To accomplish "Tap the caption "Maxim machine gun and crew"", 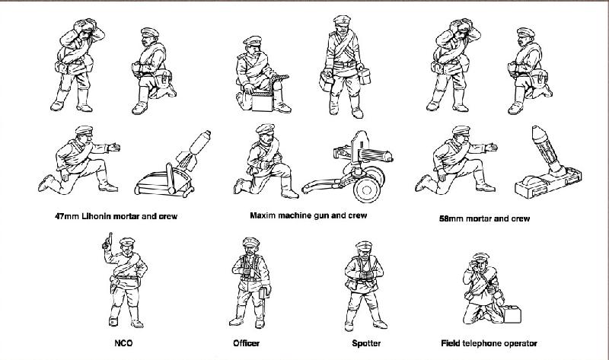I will pos(308,215).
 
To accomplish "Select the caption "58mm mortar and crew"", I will pos(484,219).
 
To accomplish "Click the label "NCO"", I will pos(123,344).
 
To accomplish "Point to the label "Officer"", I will pos(246,344).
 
